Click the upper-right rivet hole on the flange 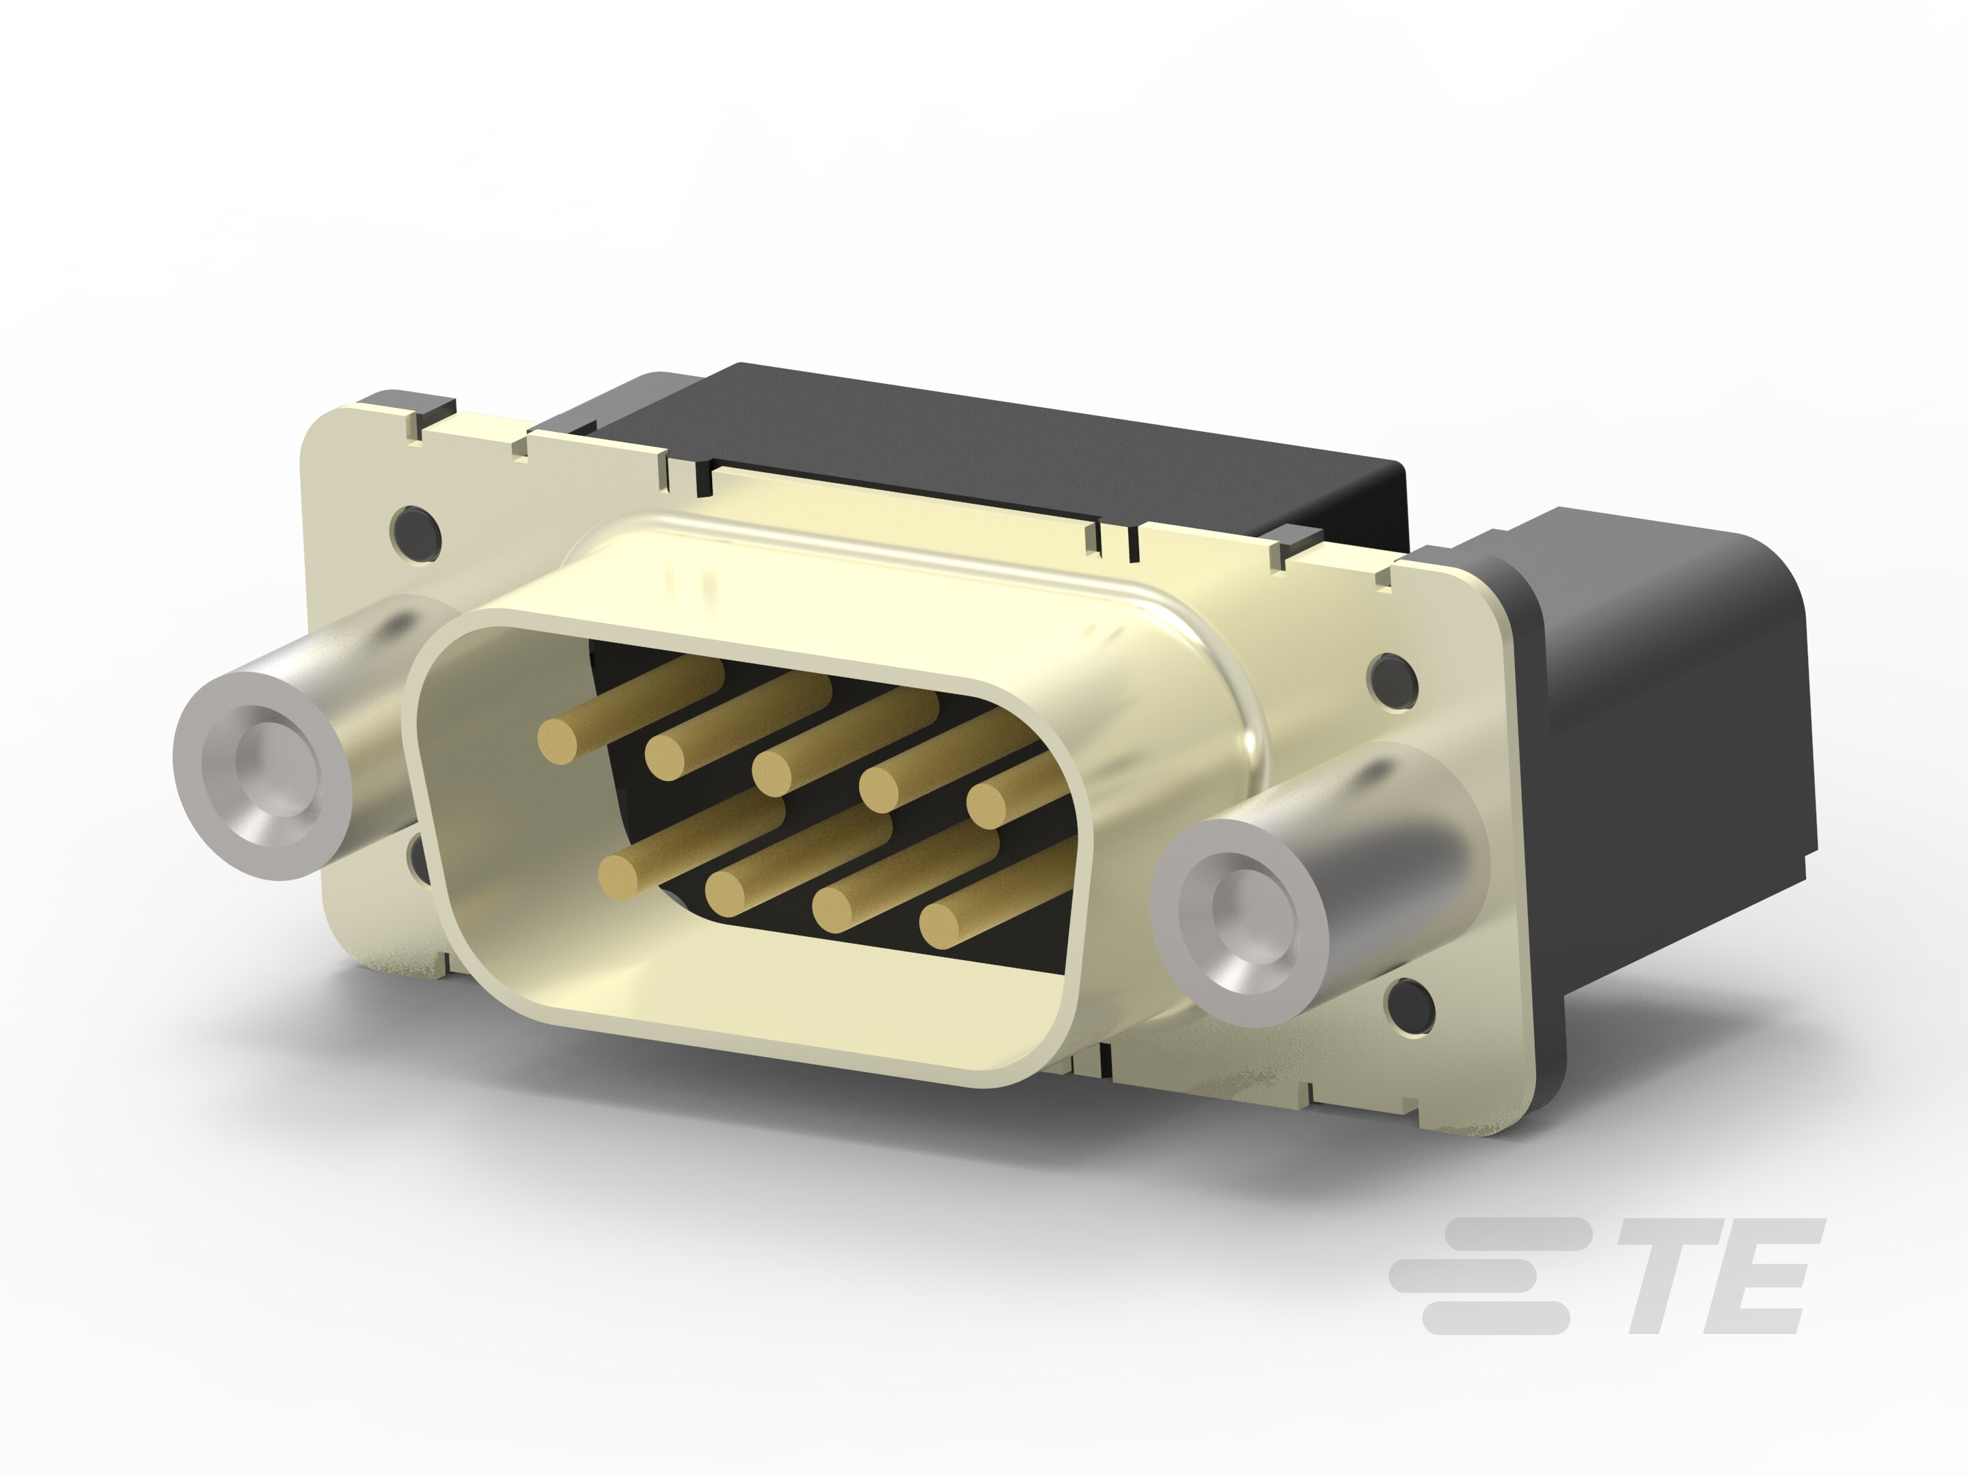(x=1391, y=680)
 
